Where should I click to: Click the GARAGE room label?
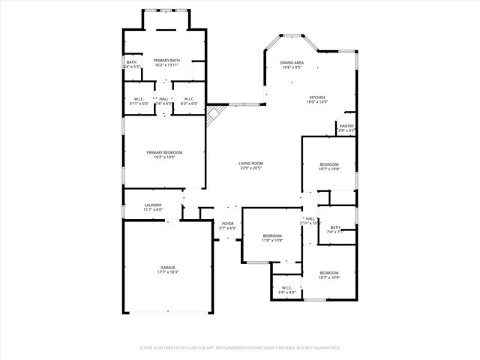coord(168,267)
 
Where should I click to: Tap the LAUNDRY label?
coord(153,205)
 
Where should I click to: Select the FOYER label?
coord(227,223)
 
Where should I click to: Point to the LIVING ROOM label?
coord(250,163)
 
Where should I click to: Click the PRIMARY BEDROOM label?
coord(164,152)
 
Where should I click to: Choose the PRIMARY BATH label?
coord(166,60)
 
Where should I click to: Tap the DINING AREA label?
coord(292,63)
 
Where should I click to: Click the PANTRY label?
coord(346,126)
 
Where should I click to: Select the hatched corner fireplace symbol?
coord(215,114)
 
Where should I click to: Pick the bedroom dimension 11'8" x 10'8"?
coord(271,240)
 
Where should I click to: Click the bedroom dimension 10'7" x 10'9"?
coord(329,277)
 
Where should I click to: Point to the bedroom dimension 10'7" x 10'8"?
coord(329,169)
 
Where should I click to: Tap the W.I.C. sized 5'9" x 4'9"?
coord(286,292)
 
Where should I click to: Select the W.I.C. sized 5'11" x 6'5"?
coord(139,103)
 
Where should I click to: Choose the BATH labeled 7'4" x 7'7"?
coord(334,232)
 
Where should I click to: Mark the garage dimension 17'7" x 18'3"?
coord(168,271)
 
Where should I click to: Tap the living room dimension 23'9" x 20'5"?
coord(250,168)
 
